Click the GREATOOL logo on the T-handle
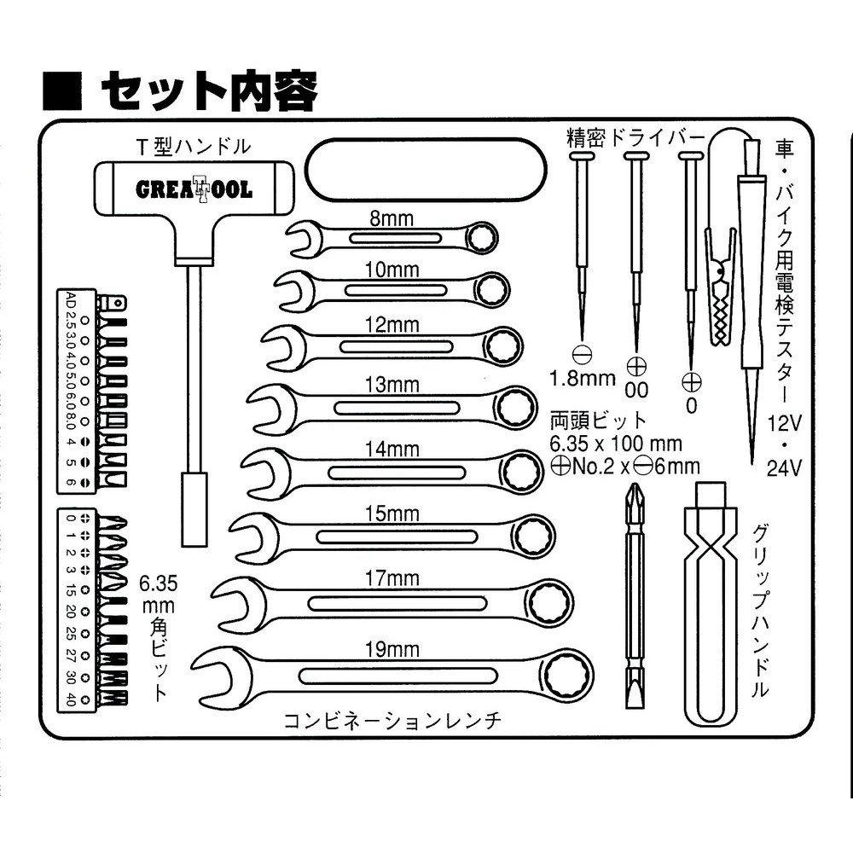194,189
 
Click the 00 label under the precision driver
636,390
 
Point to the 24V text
784,467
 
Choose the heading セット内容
209,88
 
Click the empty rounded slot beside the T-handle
424,169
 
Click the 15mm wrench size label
391,514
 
